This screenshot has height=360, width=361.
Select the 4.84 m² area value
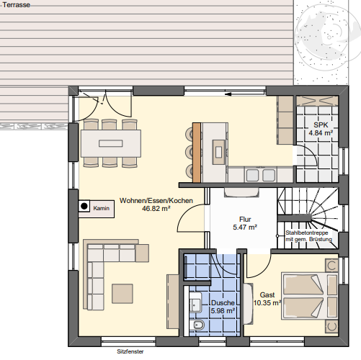pyautogui.click(x=320, y=133)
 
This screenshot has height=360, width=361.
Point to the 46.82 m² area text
pyautogui.click(x=156, y=208)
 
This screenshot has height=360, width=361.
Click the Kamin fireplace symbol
pyautogui.click(x=84, y=207)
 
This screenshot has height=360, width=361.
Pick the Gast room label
pyautogui.click(x=267, y=295)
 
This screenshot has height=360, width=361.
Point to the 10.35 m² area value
pyautogui.click(x=267, y=303)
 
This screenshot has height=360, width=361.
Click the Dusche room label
pyautogui.click(x=221, y=303)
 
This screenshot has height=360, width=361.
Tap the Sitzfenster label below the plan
pyautogui.click(x=130, y=353)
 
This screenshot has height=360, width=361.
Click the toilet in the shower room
pyautogui.click(x=200, y=328)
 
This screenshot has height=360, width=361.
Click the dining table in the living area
pyautogui.click(x=111, y=142)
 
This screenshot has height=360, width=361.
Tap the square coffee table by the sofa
pyautogui.click(x=122, y=294)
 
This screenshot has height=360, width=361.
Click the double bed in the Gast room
pyautogui.click(x=308, y=296)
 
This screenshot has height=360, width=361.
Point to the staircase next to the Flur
pyautogui.click(x=306, y=209)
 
